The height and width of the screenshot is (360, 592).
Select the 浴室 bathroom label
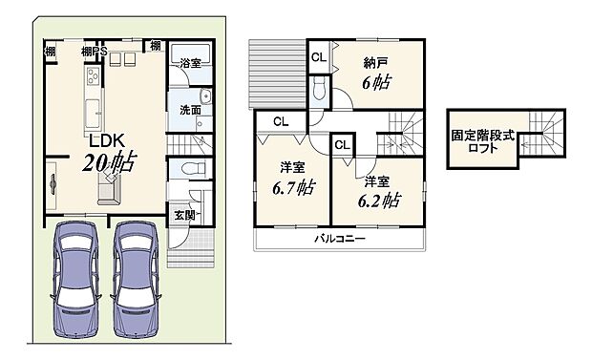[189, 63]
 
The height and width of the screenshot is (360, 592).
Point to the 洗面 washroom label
[189, 110]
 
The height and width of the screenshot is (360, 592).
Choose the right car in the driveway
[136, 281]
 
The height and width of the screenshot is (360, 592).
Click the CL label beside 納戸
[318, 56]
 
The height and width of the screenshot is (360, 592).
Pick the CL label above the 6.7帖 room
[280, 121]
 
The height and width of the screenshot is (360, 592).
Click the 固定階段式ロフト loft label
[483, 143]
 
